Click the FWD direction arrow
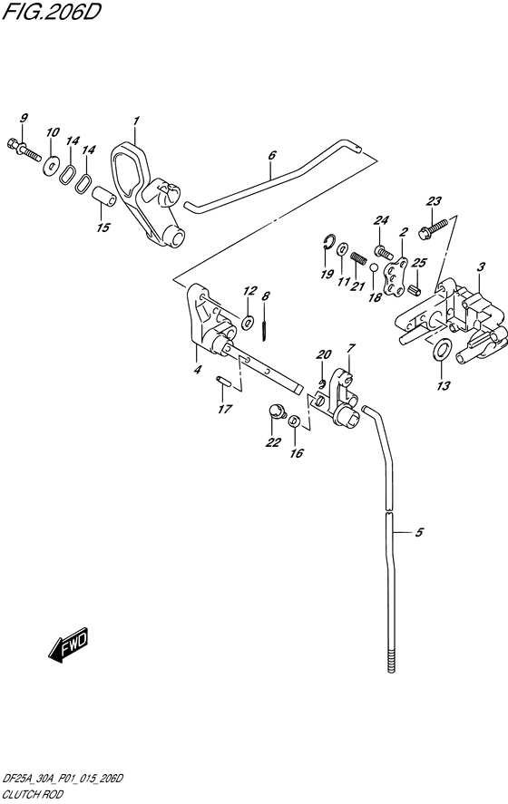click(68, 644)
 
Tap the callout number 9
click(24, 118)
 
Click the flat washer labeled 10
click(50, 166)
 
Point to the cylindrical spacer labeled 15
click(103, 198)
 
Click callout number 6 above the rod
click(272, 155)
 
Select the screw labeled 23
click(436, 227)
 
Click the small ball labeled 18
click(374, 267)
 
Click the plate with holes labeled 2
click(397, 277)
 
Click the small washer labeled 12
click(249, 322)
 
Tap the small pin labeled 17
click(223, 381)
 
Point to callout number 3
click(481, 266)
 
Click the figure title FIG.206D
click(51, 11)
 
